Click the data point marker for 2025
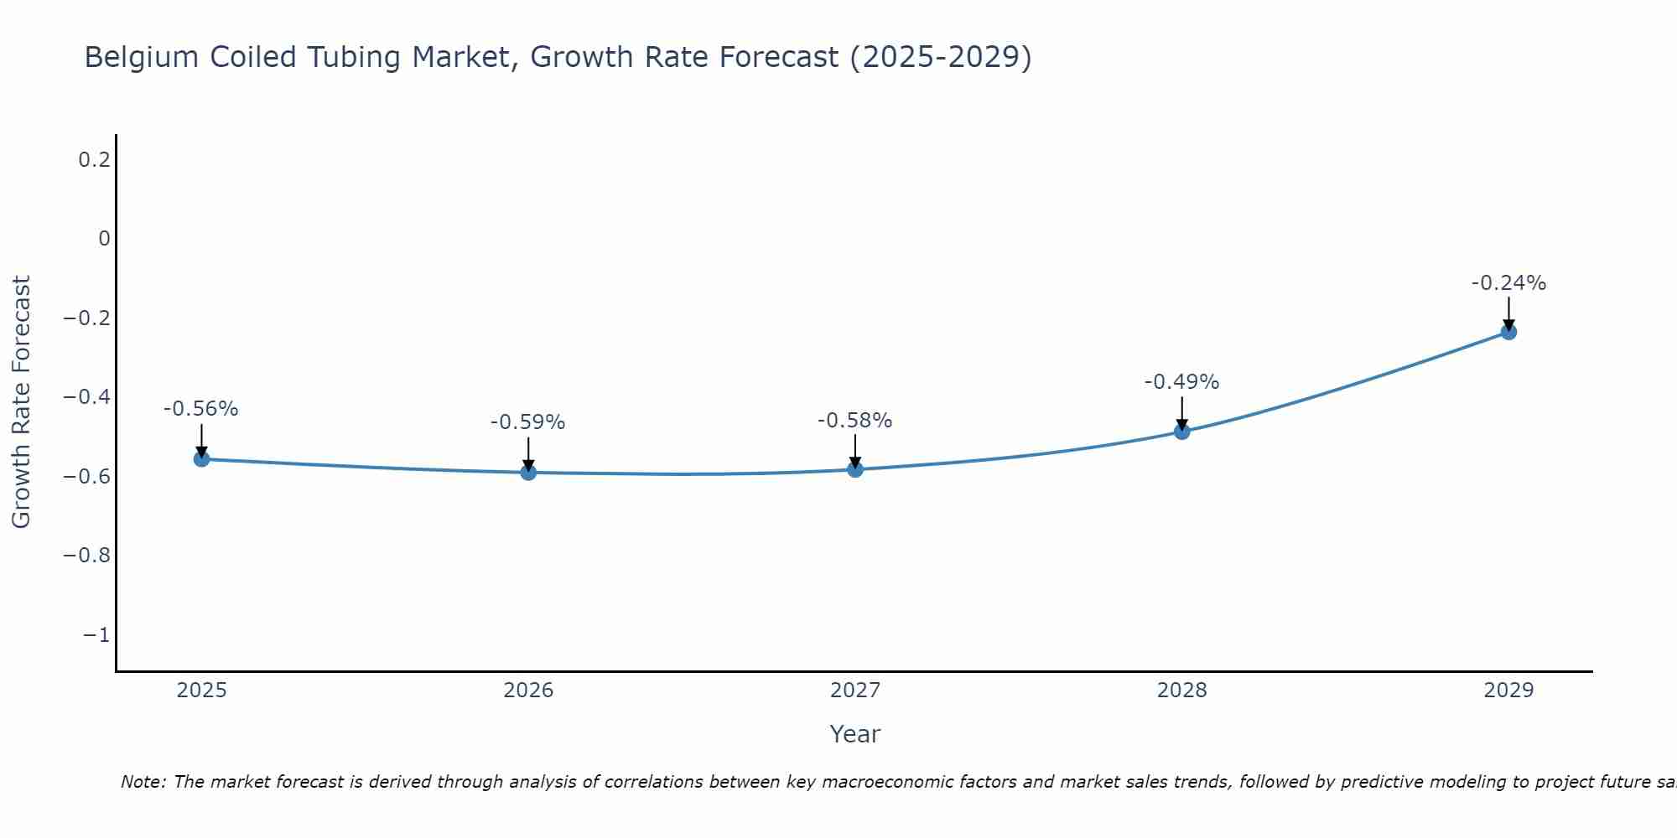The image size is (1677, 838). coord(201,458)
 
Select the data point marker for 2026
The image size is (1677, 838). coord(528,472)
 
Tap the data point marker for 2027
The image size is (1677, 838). coord(855,468)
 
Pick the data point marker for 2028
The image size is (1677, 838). coord(1181,431)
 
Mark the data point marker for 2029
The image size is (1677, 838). coord(1508,332)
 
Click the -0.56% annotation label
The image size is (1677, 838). coord(201,409)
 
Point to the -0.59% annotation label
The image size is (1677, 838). coord(528,422)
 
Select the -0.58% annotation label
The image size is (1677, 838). coord(855,421)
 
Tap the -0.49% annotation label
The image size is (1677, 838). coord(1181,382)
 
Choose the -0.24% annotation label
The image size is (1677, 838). coord(1508,283)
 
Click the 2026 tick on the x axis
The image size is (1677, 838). coord(528,691)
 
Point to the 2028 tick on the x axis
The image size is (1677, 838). coord(1181,691)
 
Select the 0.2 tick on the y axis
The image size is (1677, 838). coord(95,159)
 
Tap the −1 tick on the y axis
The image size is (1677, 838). coord(96,635)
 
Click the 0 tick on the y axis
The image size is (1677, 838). coord(104,239)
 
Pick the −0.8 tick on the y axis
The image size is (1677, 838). coord(87,556)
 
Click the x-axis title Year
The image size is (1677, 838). coord(854,734)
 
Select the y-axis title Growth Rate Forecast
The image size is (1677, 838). coord(21,402)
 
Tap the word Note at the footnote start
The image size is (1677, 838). coord(143,782)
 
